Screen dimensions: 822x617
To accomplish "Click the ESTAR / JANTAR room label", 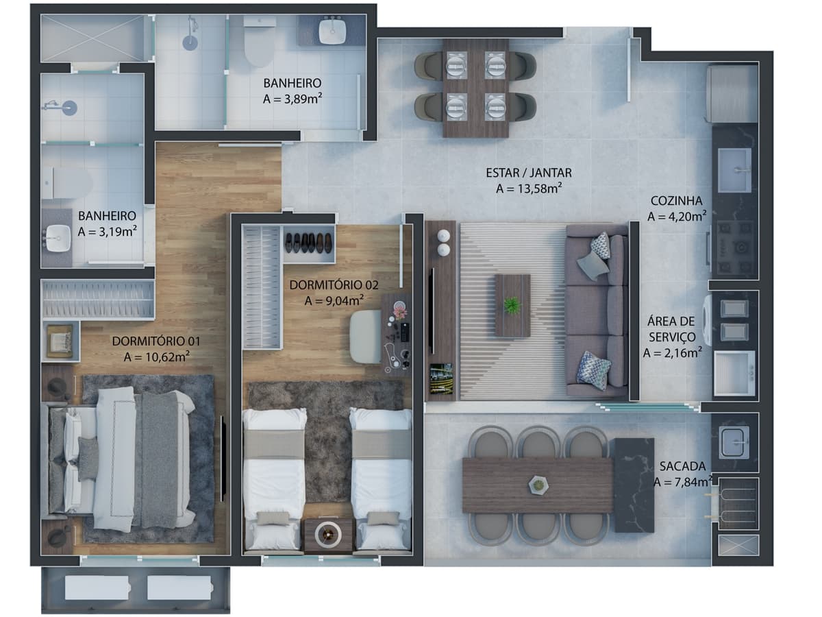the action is tap(528, 173).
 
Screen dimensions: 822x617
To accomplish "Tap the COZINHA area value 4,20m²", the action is tap(677, 216).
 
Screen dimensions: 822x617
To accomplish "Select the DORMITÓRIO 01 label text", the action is tap(156, 341).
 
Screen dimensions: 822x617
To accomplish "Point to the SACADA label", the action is tap(682, 466).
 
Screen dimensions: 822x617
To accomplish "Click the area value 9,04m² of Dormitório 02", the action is tap(334, 300).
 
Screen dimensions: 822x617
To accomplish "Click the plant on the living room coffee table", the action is tap(512, 305).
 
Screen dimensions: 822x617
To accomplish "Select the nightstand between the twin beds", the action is tap(328, 536).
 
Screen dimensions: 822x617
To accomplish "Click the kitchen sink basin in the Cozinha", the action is tap(734, 170).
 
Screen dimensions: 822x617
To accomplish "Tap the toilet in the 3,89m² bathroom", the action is tap(258, 40).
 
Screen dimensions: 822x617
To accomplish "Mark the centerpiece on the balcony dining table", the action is tap(538, 485).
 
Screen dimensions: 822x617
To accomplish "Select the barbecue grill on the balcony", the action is tap(736, 505).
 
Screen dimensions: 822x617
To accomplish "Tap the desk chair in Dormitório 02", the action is tap(366, 337).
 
